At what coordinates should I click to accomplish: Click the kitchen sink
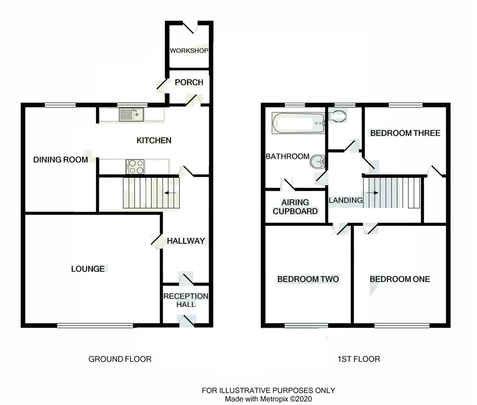point(131,114)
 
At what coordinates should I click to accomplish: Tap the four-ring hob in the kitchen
point(135,166)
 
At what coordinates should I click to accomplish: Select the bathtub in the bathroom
point(298,123)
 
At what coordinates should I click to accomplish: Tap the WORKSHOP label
point(189,51)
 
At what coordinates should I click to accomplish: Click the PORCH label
point(189,82)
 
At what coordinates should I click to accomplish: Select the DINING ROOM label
point(61,160)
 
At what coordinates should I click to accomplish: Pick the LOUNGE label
point(88,269)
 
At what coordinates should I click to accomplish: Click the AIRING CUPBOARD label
point(295,207)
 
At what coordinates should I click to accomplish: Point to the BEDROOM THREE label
point(405,133)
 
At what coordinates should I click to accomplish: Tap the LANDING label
point(346,200)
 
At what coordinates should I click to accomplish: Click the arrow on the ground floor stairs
point(171,193)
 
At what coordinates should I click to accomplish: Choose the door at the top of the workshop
point(193,27)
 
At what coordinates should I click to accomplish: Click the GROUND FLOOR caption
point(120,359)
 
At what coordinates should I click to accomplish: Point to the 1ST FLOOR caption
point(359,359)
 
